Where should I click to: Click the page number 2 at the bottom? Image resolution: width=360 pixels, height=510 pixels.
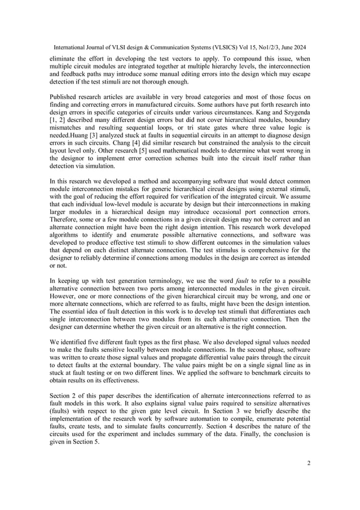[309, 464]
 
